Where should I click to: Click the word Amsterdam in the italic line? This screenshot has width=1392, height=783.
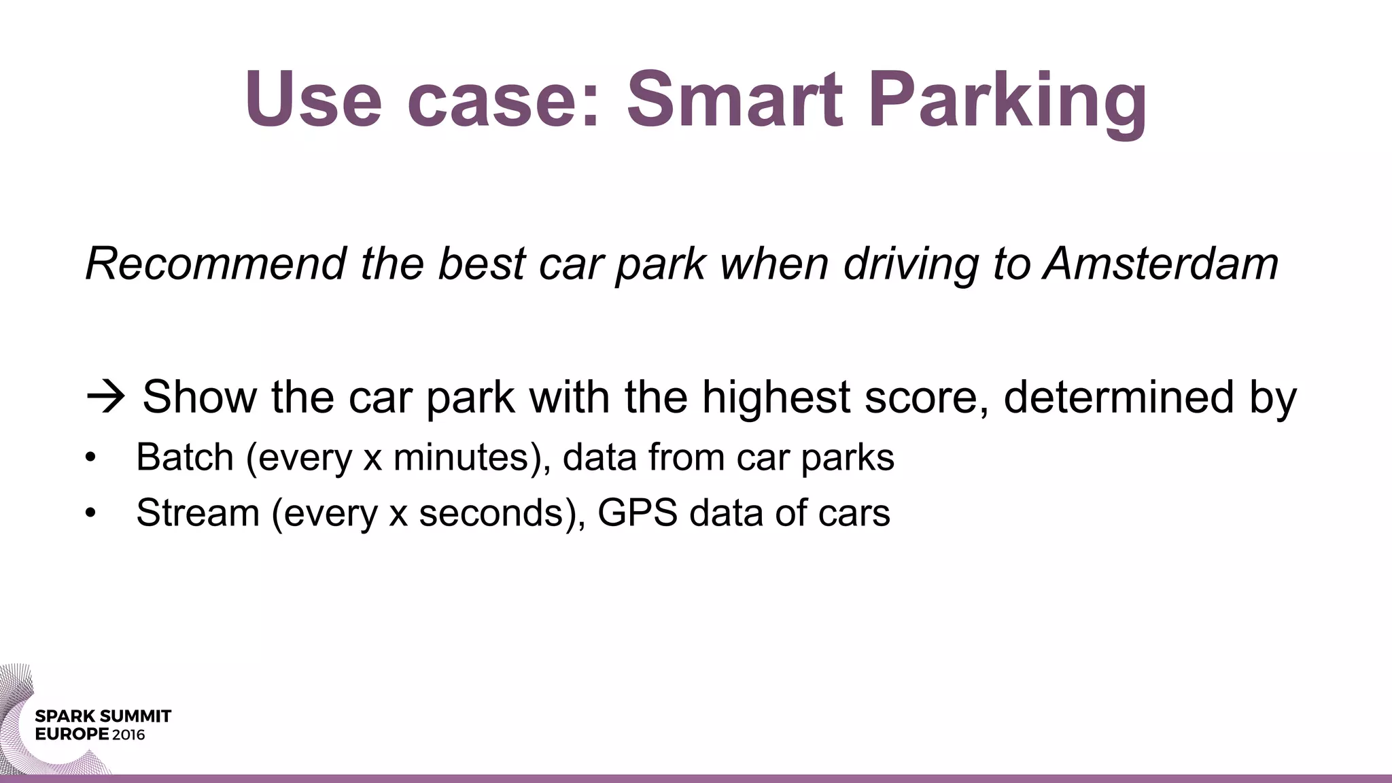pos(1161,264)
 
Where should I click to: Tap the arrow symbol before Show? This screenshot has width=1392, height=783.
pos(106,397)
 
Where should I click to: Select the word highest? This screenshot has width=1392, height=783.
pos(776,397)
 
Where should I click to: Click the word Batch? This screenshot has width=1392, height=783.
pos(185,457)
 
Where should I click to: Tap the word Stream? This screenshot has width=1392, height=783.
pos(198,512)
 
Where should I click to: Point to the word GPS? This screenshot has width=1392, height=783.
pos(637,512)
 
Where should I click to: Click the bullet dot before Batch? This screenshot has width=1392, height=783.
pos(92,458)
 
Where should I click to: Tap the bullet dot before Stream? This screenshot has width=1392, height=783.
pos(92,514)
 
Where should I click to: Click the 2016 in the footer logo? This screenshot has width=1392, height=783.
pos(128,735)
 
